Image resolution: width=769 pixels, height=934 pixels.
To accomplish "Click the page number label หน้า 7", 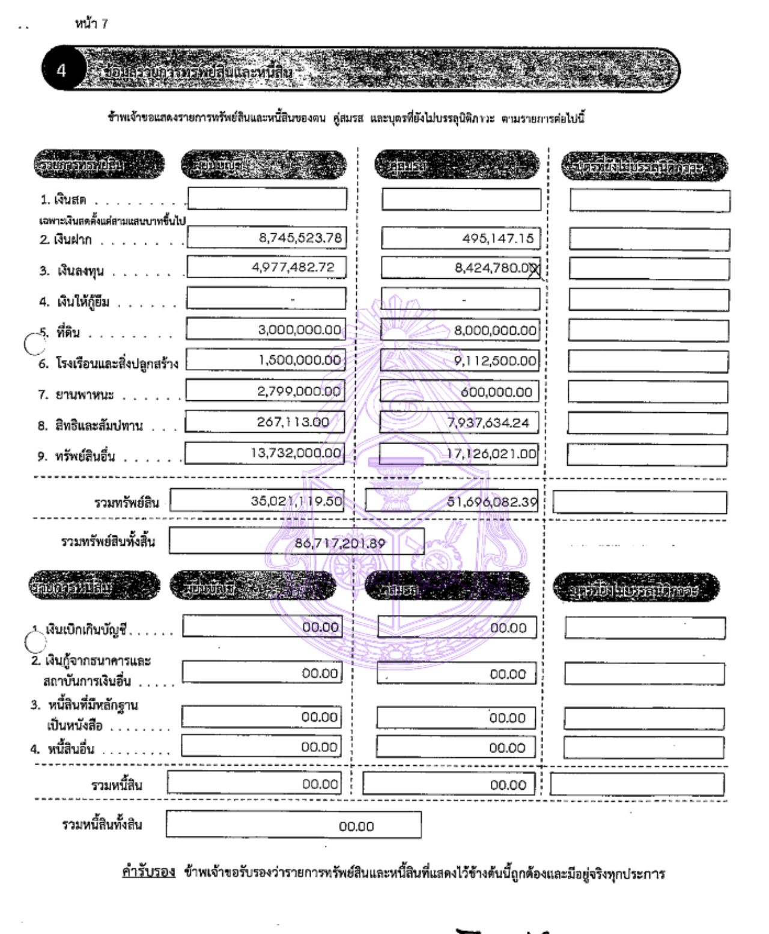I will pyautogui.click(x=91, y=23).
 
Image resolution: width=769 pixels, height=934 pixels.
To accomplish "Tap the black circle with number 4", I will pyautogui.click(x=61, y=70).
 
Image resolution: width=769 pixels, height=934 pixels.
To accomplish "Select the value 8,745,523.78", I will pyautogui.click(x=300, y=237).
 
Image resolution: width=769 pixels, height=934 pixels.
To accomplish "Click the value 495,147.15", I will pyautogui.click(x=497, y=238).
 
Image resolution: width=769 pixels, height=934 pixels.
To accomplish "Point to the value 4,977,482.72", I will pyautogui.click(x=293, y=267).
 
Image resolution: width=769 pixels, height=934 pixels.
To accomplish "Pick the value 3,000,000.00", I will pyautogui.click(x=299, y=330).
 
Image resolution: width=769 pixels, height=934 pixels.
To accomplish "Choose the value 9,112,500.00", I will pyautogui.click(x=494, y=361).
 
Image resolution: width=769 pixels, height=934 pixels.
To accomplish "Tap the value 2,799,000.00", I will pyautogui.click(x=299, y=391).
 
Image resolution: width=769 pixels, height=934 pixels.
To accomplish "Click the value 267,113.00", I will pyautogui.click(x=293, y=422).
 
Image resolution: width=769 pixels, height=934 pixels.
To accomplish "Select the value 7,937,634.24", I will pyautogui.click(x=488, y=423).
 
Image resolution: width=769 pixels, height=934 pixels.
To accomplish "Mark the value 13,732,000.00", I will pyautogui.click(x=296, y=453).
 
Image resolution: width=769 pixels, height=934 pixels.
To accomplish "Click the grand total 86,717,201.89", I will pyautogui.click(x=339, y=543).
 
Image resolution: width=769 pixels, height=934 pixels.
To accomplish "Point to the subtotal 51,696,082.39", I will pyautogui.click(x=492, y=502).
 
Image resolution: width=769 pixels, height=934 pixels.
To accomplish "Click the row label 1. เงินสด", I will pyautogui.click(x=63, y=200).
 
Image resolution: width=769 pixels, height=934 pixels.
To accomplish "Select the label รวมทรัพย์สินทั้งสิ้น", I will pyautogui.click(x=108, y=542).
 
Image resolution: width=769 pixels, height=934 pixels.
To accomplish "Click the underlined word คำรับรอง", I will pyautogui.click(x=148, y=872).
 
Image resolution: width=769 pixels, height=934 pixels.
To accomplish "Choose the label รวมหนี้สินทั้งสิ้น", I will pyautogui.click(x=102, y=824).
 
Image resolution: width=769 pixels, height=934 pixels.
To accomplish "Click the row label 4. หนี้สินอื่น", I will pyautogui.click(x=62, y=749).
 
